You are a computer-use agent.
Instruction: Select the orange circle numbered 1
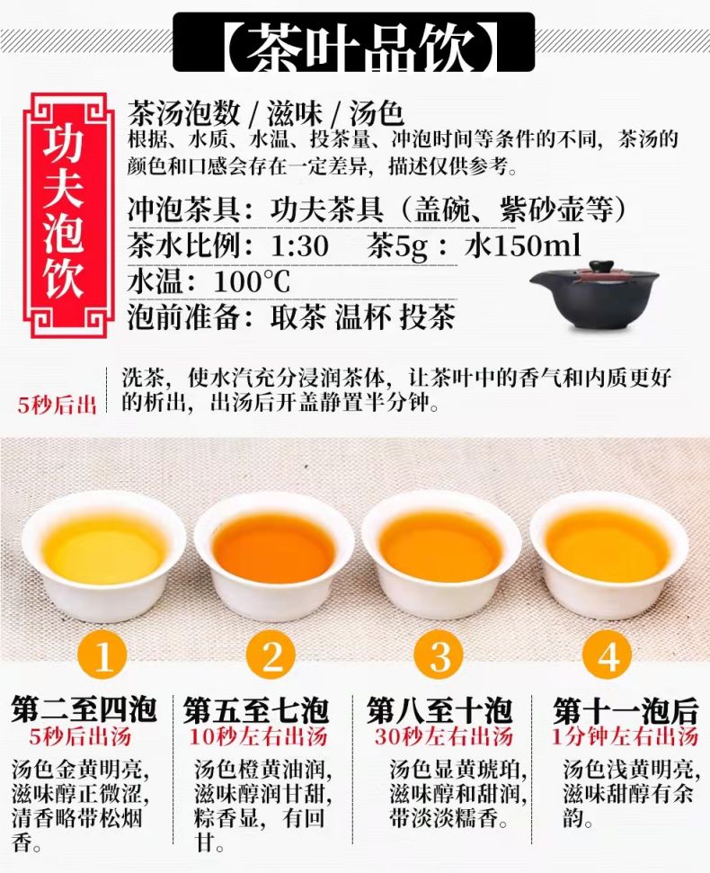tap(103, 655)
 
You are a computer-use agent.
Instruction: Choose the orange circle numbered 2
tap(271, 655)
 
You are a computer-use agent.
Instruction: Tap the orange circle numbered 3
tap(440, 655)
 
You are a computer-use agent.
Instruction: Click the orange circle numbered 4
tap(608, 655)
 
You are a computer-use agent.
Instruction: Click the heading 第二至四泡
tap(84, 709)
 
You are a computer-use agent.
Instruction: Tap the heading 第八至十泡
tap(439, 709)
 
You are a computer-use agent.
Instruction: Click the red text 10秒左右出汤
tap(258, 737)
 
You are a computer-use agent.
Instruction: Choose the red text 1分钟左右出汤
tap(626, 736)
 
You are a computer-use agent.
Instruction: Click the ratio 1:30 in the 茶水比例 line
tap(299, 245)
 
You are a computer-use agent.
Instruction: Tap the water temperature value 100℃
tap(252, 281)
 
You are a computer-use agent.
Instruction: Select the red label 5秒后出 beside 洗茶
tap(58, 405)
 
